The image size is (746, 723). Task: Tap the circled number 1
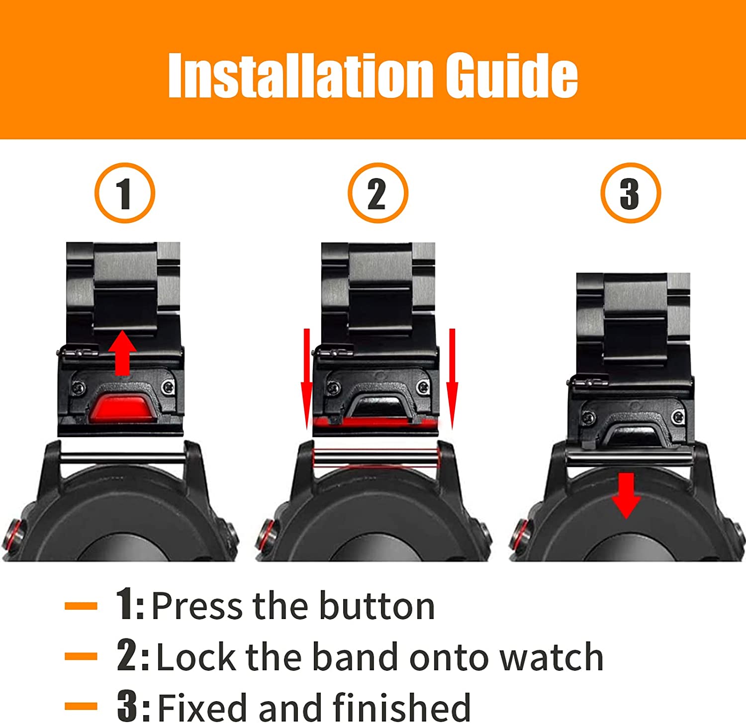(124, 193)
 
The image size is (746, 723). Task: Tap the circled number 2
(377, 193)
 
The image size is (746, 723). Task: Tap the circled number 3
(630, 193)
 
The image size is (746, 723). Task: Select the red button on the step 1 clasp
(122, 405)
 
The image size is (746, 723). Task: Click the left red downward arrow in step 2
(306, 378)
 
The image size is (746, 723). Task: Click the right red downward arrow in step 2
(452, 378)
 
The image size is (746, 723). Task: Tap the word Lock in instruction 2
(196, 656)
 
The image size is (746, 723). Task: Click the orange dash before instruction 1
(81, 606)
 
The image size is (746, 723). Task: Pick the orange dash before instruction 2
(81, 656)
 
